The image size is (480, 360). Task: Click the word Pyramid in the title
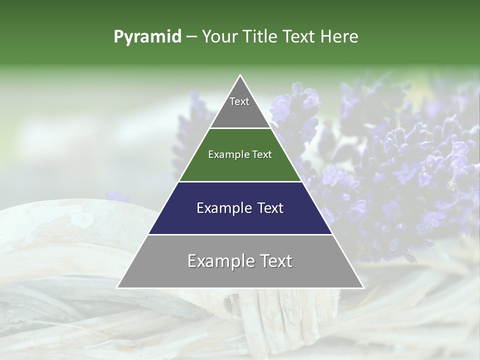[x=147, y=37]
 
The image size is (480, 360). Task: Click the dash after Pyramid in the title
[x=191, y=37]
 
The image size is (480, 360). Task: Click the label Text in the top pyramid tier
[x=239, y=101]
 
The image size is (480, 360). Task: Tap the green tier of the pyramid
[x=240, y=167]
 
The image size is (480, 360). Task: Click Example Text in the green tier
[x=240, y=154]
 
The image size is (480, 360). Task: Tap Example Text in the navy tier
[x=240, y=207]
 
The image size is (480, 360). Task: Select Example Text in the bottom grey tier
[x=240, y=261]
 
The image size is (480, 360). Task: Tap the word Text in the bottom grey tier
[x=274, y=261]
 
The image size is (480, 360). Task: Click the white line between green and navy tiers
[x=240, y=181]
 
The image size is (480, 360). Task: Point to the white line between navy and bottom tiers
[x=240, y=234]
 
